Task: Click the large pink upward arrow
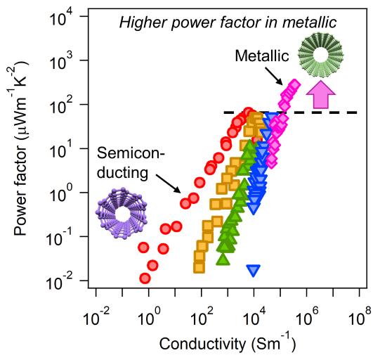tap(320, 94)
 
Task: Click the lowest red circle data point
tap(145, 278)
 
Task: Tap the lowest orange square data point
tap(199, 267)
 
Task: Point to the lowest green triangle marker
tap(224, 257)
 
